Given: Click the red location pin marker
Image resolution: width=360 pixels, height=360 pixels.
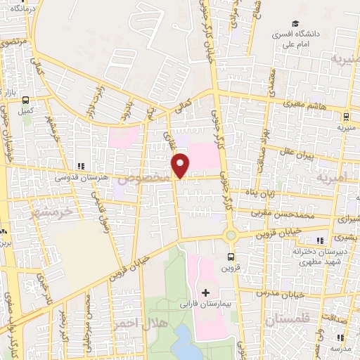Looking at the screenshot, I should pyautogui.click(x=181, y=165).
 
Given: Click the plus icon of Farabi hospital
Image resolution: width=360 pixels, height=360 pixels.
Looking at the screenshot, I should pyautogui.click(x=206, y=292).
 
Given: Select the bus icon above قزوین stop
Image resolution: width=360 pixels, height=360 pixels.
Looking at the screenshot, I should pyautogui.click(x=231, y=256).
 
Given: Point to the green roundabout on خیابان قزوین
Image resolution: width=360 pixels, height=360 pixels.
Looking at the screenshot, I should pyautogui.click(x=231, y=235).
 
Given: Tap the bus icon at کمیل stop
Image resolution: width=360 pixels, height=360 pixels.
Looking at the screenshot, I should pyautogui.click(x=27, y=100).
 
